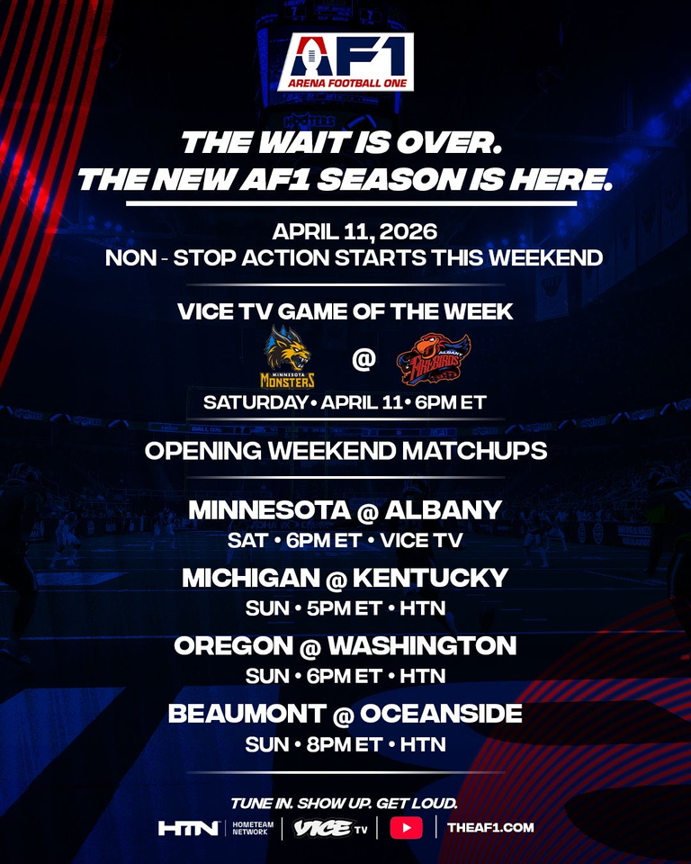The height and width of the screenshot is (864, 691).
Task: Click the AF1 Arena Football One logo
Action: tap(345, 62)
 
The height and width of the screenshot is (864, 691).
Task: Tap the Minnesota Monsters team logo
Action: tap(288, 356)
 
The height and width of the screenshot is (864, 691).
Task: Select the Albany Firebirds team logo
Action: tap(434, 359)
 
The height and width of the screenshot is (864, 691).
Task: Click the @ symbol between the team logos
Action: tap(363, 359)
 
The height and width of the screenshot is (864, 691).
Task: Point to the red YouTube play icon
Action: tap(406, 828)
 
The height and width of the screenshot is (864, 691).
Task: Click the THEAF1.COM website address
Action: tap(490, 828)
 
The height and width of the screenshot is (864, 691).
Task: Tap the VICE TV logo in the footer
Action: tap(330, 828)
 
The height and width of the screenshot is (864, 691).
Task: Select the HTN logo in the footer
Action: tap(188, 828)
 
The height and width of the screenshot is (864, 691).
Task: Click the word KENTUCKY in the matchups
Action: tap(430, 578)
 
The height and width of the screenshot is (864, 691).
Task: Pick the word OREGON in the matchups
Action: tap(234, 646)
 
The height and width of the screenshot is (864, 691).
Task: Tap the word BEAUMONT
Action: tap(247, 714)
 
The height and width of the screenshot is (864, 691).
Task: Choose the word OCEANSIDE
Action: tap(442, 714)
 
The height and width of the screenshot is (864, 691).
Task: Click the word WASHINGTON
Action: tap(422, 646)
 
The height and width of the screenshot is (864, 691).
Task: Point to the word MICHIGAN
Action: tap(251, 578)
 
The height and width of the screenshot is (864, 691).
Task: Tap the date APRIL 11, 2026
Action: tap(354, 231)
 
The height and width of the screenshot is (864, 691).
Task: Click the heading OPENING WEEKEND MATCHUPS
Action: tap(346, 451)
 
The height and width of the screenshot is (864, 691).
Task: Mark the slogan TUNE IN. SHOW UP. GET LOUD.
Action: tap(345, 804)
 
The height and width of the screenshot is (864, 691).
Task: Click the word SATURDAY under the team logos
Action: tap(256, 402)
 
